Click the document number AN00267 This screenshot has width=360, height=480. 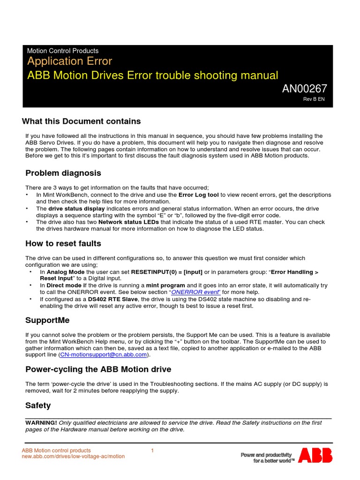point(304,89)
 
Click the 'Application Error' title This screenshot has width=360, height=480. point(69,61)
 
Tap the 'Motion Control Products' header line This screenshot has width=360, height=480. point(63,51)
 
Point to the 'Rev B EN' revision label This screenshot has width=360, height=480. point(314,99)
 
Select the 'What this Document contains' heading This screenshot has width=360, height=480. point(81,121)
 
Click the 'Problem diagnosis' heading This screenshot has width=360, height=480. point(63,173)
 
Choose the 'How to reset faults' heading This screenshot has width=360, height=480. point(63,244)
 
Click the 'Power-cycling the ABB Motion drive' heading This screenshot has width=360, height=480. point(98,369)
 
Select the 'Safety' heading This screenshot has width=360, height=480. point(38,405)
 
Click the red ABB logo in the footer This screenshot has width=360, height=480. point(315,455)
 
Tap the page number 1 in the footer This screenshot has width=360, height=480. point(152,451)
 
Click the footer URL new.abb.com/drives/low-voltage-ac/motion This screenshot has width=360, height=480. point(74,457)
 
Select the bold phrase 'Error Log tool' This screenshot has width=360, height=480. point(199,195)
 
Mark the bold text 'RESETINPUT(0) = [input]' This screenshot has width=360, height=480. point(166,272)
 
